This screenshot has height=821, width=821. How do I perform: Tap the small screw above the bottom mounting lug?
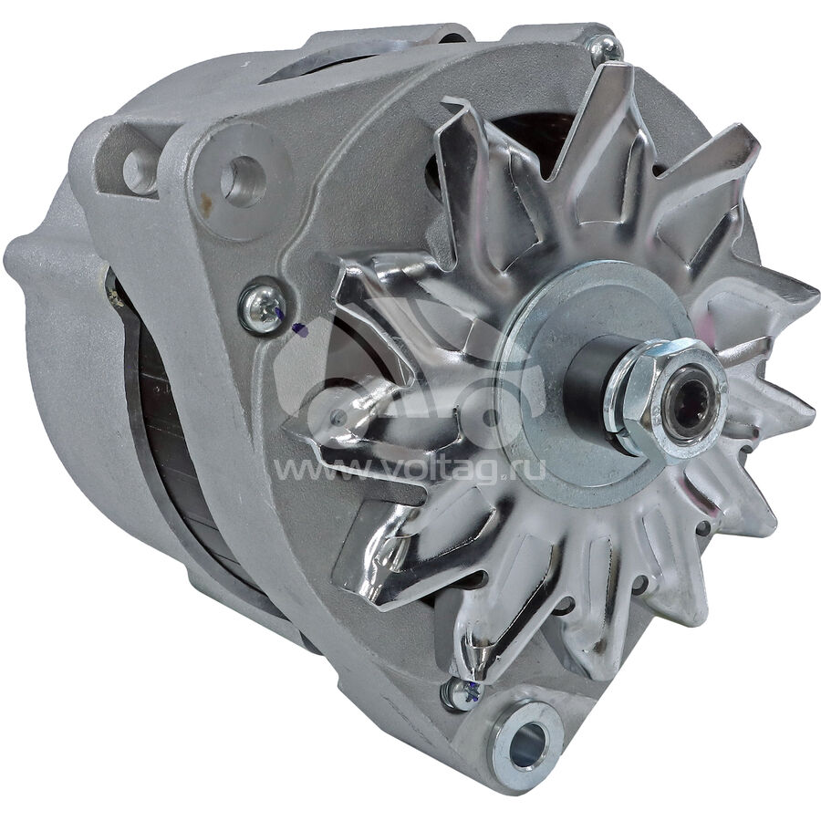(x=461, y=694)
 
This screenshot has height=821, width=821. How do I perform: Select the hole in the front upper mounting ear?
(x=243, y=182)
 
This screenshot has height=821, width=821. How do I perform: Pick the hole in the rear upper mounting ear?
(x=138, y=171)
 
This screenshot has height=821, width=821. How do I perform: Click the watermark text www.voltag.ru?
(x=410, y=468)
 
